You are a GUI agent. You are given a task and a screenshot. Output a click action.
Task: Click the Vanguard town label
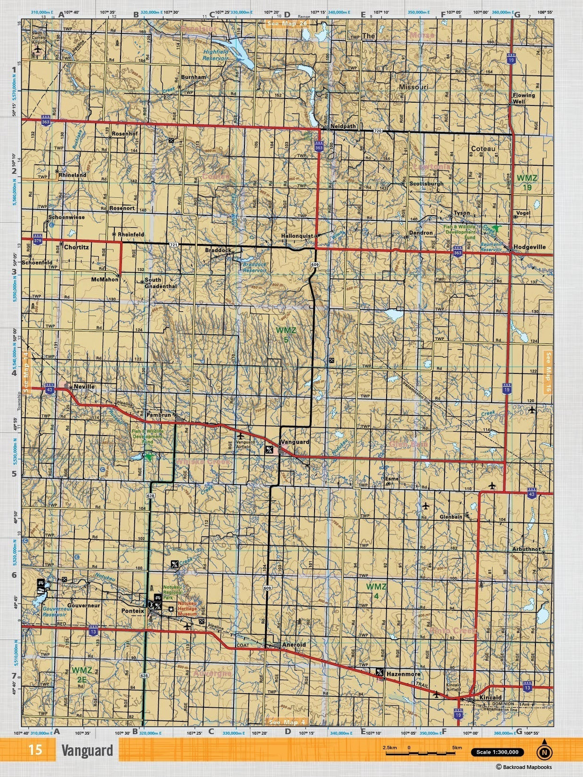(295, 441)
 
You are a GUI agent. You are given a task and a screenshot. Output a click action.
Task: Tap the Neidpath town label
(343, 126)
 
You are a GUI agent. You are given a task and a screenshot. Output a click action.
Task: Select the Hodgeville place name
(529, 247)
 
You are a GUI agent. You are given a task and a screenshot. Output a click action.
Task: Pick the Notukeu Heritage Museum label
(187, 609)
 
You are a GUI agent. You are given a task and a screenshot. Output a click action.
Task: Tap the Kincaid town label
(490, 697)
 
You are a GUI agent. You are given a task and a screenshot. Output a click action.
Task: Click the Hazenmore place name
(403, 674)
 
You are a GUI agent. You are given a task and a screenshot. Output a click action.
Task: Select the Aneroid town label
(294, 644)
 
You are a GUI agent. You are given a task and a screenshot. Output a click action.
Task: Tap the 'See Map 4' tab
(287, 722)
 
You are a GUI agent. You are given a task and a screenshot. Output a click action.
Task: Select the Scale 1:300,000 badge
(498, 752)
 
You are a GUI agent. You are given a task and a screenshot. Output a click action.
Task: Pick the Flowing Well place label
(523, 98)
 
